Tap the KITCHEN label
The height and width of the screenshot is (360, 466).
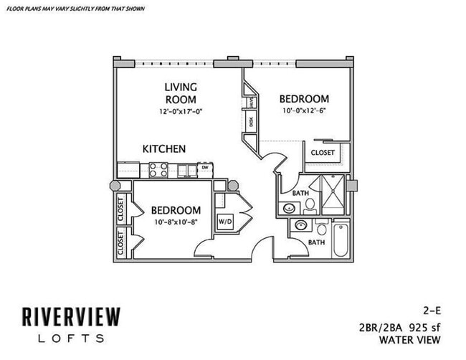tap(164, 149)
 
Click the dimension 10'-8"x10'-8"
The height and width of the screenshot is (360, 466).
tap(175, 222)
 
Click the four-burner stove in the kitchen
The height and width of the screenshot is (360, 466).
tap(158, 170)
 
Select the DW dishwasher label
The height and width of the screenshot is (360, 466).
tap(205, 168)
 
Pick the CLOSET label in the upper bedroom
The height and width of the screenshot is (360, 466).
tap(322, 153)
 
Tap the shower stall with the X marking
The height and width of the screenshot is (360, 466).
tap(333, 194)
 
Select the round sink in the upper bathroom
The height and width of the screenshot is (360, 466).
tap(289, 208)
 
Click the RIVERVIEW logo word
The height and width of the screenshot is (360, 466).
tap(70, 316)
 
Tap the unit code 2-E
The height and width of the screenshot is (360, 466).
tap(430, 312)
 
